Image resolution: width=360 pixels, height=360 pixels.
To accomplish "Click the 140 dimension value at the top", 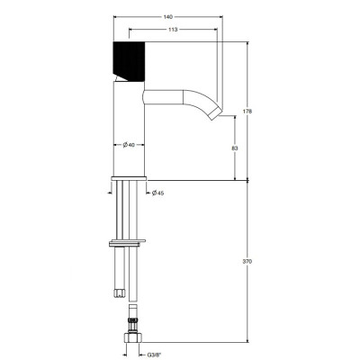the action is pos(168,17).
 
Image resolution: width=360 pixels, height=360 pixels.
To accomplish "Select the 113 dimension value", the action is pos(173,30).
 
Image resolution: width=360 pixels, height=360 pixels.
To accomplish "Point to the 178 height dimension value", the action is pos(247,112).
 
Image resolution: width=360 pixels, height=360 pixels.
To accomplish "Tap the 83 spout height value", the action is pos(235,148).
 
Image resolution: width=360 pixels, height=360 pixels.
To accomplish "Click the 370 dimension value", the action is pos(247,261).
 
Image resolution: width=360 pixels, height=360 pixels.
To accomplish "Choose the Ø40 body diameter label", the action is pos(129,145).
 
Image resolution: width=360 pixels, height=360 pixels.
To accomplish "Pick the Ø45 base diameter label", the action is pos(157,193).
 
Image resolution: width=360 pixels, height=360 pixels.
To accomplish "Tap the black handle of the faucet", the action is pos(129,61).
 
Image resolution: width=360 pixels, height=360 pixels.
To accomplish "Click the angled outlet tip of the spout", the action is pos(215,114).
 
